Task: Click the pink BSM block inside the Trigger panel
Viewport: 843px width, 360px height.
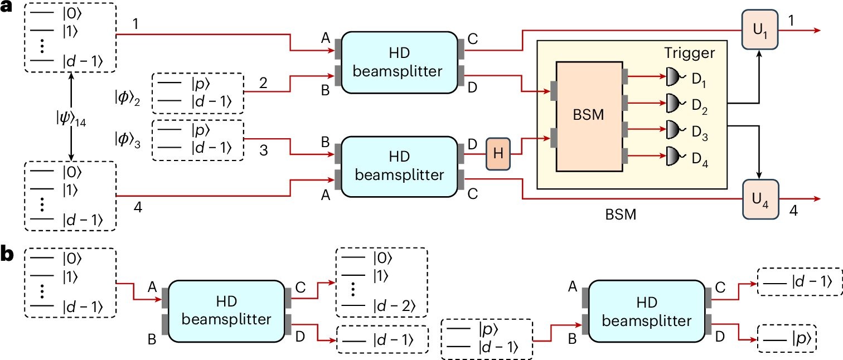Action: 589,116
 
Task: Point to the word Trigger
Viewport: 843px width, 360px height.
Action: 689,53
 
